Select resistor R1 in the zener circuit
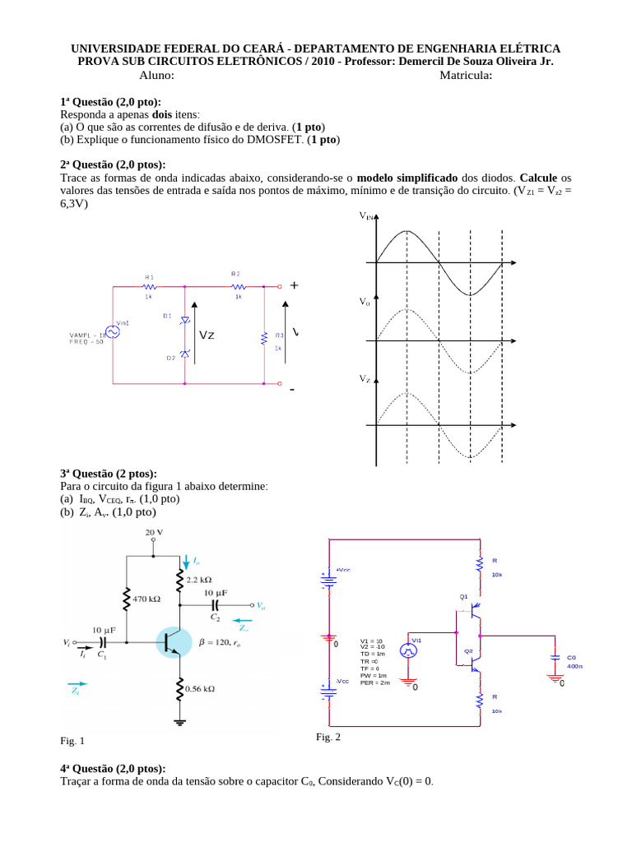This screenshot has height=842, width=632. coord(149,287)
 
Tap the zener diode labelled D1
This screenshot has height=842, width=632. coord(184,319)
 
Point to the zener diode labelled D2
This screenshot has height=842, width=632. coord(184,353)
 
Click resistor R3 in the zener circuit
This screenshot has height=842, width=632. coord(264,336)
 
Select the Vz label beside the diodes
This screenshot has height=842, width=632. coord(207,335)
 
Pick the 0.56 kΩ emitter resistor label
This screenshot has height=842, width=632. coord(201,689)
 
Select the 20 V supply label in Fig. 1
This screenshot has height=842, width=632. coord(155,533)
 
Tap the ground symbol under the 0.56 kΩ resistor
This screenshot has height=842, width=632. coord(179,722)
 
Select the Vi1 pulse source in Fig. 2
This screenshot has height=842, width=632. coord(408,650)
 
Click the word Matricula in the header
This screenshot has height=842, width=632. coord(465,76)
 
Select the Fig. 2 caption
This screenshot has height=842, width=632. coord(328,737)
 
